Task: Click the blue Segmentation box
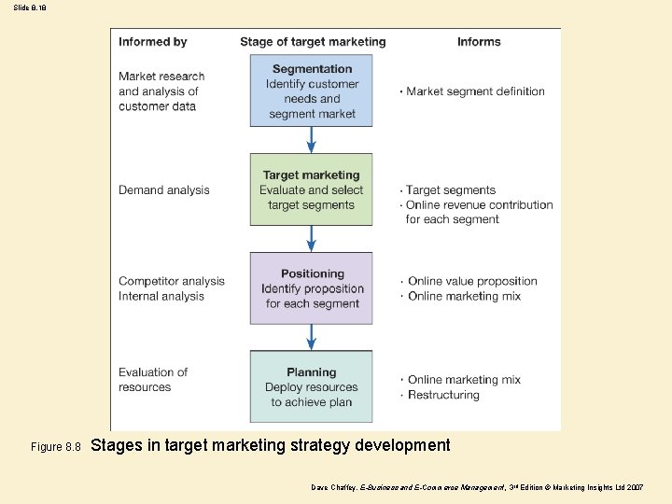[311, 91]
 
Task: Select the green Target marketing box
[311, 189]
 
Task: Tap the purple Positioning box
[311, 288]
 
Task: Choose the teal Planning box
[311, 386]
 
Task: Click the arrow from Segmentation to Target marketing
[312, 140]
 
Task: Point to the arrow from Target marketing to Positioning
[312, 239]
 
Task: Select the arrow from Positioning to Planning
[312, 337]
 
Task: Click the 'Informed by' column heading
[153, 42]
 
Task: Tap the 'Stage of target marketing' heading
[313, 42]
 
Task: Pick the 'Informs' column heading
[479, 42]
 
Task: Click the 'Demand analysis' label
[164, 190]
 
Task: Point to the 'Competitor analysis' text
[172, 281]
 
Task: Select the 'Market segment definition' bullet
[475, 91]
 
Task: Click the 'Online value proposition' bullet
[472, 281]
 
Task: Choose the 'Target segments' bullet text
[451, 190]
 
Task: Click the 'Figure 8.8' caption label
[56, 448]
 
